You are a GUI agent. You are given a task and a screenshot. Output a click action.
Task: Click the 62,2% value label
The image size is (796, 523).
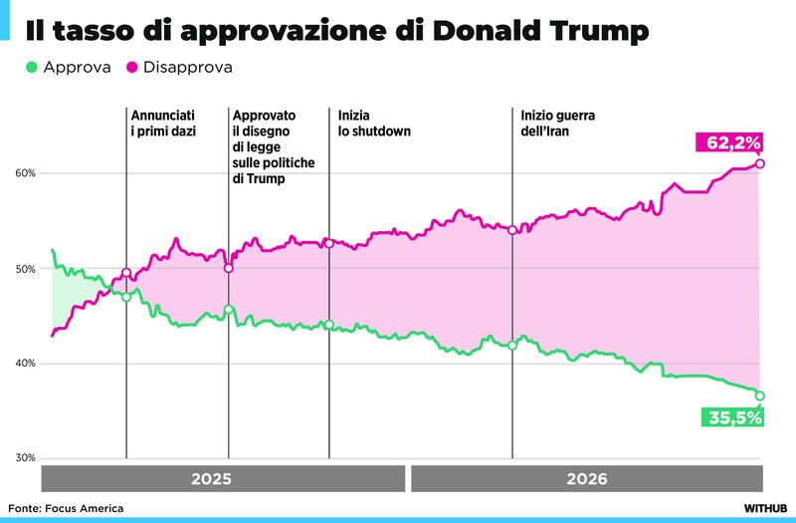pyautogui.click(x=729, y=142)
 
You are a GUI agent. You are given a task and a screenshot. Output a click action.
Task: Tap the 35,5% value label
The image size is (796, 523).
pyautogui.click(x=733, y=417)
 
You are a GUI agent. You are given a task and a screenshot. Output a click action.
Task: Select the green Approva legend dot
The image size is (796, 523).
pyautogui.click(x=32, y=67)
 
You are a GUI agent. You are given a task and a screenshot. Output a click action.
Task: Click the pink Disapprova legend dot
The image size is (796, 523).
pyautogui.click(x=132, y=67)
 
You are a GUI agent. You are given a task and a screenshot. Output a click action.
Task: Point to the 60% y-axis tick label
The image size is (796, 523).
pyautogui.click(x=26, y=173)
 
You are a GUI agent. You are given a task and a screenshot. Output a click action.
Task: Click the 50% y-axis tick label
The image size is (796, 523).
pyautogui.click(x=26, y=269)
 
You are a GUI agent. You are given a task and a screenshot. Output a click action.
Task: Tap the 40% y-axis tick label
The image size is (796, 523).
pyautogui.click(x=26, y=364)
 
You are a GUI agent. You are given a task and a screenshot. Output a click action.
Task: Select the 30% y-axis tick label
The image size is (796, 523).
pyautogui.click(x=26, y=458)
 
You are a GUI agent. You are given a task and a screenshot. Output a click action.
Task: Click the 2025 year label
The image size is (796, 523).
pyautogui.click(x=211, y=479)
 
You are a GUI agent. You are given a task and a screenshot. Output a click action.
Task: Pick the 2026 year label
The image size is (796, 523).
pyautogui.click(x=587, y=479)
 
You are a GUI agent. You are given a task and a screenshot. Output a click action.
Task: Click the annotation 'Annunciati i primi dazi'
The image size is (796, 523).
pyautogui.click(x=163, y=123)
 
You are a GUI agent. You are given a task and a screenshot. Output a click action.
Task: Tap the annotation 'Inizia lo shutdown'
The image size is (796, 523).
pyautogui.click(x=374, y=123)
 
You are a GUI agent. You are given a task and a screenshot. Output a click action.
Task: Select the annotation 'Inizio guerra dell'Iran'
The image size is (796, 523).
pyautogui.click(x=558, y=123)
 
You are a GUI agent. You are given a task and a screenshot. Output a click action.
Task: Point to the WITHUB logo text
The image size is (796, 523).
pyautogui.click(x=765, y=508)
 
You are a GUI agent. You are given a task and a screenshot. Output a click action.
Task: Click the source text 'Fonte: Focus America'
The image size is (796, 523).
pyautogui.click(x=66, y=508)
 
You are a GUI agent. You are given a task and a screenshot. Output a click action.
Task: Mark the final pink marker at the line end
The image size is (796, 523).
pyautogui.click(x=760, y=163)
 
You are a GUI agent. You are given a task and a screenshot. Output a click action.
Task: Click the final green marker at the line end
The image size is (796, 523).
pyautogui.click(x=760, y=395)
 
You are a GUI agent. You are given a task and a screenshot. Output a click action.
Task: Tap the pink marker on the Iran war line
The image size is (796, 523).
pyautogui.click(x=512, y=230)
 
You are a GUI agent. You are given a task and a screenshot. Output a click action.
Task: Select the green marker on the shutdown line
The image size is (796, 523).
pyautogui.click(x=329, y=325)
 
